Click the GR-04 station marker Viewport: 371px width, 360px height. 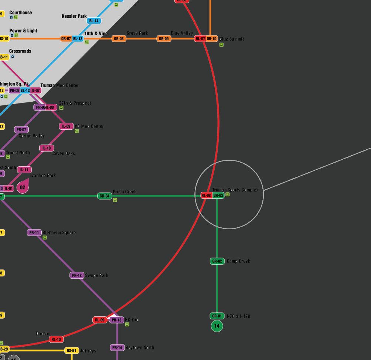pyautogui.click(x=105, y=196)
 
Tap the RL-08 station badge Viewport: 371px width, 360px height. pyautogui.click(x=206, y=196)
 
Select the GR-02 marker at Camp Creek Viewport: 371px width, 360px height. pyautogui.click(x=217, y=261)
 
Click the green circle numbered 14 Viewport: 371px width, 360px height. pyautogui.click(x=217, y=326)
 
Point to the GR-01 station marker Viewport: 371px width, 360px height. pyautogui.click(x=217, y=316)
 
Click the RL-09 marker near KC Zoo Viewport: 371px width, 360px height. pyautogui.click(x=100, y=320)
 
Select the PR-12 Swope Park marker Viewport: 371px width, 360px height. pyautogui.click(x=77, y=275)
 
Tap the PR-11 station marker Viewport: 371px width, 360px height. pyautogui.click(x=34, y=233)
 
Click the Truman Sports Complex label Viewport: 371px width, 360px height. pyautogui.click(x=235, y=190)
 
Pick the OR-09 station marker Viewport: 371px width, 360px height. pyautogui.click(x=164, y=39)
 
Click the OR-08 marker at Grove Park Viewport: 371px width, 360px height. pyautogui.click(x=119, y=39)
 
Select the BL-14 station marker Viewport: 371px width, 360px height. pyautogui.click(x=94, y=21)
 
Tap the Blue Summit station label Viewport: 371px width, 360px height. pyautogui.click(x=232, y=39)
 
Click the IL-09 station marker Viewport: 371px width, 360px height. pyautogui.click(x=66, y=126)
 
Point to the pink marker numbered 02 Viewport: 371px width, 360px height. pyautogui.click(x=23, y=187)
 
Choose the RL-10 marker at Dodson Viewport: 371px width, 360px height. pyautogui.click(x=56, y=339)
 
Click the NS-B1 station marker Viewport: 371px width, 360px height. pyautogui.click(x=72, y=351)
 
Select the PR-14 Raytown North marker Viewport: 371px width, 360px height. pyautogui.click(x=117, y=348)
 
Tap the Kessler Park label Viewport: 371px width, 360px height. pyautogui.click(x=74, y=16)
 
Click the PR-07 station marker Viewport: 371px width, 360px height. pyautogui.click(x=21, y=130)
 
